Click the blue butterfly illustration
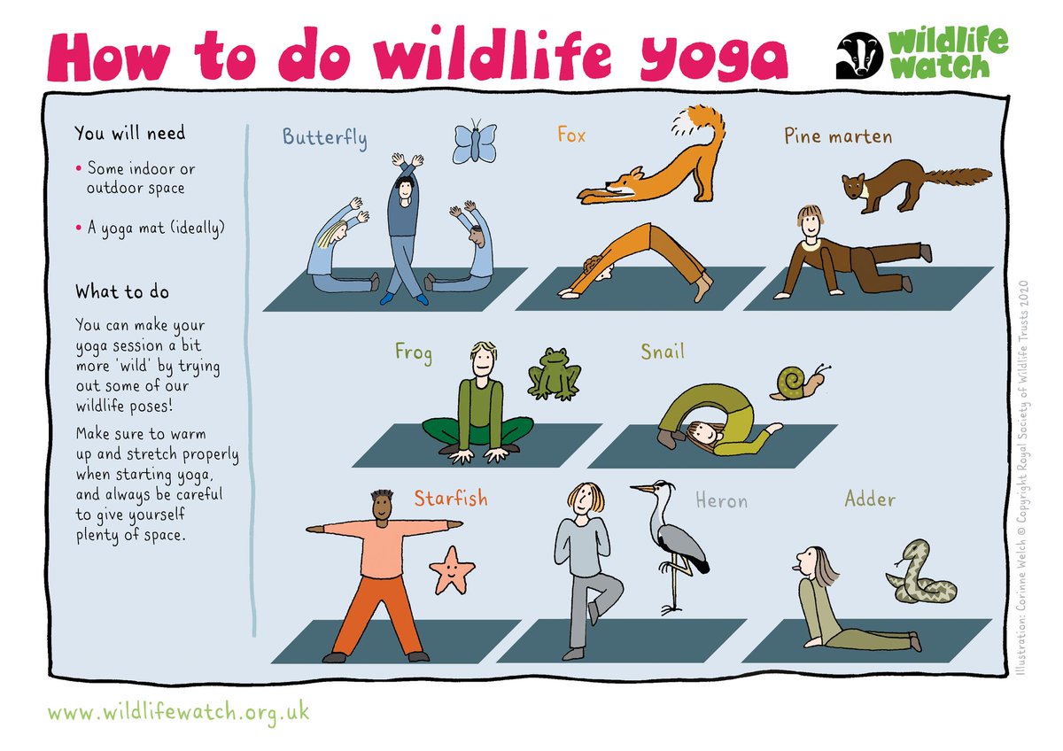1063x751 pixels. coord(475,142)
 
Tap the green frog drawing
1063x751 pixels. coord(555,375)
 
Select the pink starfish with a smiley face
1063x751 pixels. coord(451,570)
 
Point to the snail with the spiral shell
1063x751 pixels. coord(799,383)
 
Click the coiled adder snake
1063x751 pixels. coord(920,573)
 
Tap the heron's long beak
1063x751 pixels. coord(642,488)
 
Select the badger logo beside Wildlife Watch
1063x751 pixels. coord(859,55)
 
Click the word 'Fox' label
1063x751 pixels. coord(570,135)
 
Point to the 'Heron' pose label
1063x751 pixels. coord(721,500)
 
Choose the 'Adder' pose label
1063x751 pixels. coord(870,499)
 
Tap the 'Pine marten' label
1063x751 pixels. coord(838,136)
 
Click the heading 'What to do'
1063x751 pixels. coord(122,291)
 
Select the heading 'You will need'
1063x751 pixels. coord(129,133)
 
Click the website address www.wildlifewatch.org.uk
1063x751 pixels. coord(178,713)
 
